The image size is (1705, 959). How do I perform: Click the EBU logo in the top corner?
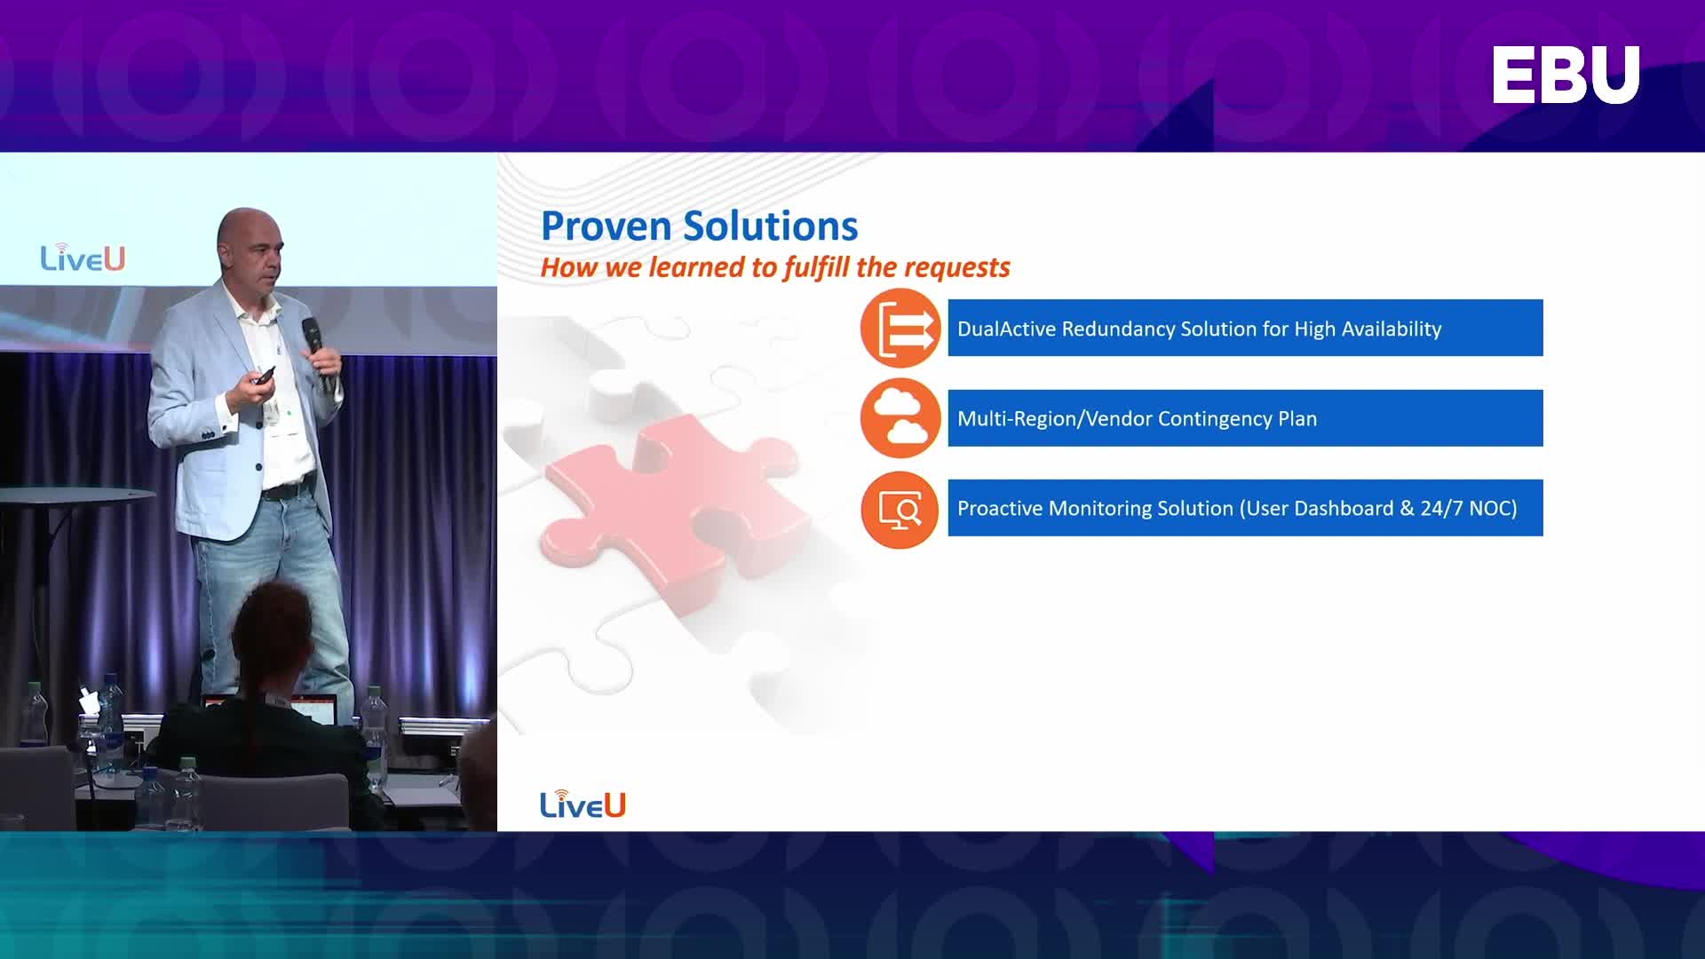[1566, 75]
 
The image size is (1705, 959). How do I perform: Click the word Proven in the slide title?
[606, 226]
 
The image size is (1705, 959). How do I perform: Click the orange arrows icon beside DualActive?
[900, 329]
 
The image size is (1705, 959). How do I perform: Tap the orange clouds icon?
[900, 418]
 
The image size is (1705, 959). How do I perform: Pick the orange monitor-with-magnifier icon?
[900, 509]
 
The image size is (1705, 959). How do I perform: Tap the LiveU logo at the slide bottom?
[583, 804]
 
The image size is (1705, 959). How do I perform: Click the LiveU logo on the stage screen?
[83, 257]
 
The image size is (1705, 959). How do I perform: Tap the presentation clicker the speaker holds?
[264, 376]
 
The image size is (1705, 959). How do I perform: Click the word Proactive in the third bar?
[999, 508]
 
